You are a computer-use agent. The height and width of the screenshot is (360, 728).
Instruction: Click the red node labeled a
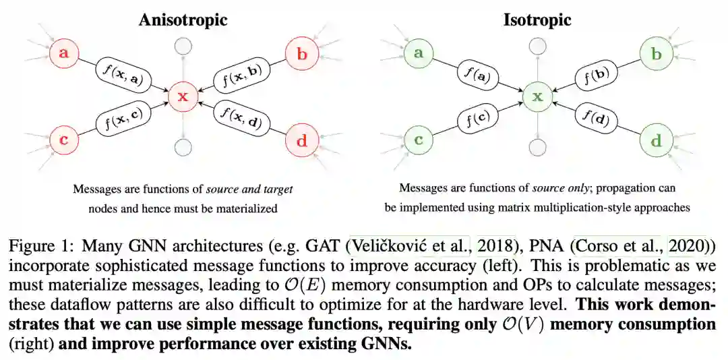pos(63,53)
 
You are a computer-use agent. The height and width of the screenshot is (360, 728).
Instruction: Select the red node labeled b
pos(301,53)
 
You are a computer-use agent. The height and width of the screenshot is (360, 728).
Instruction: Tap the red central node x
pos(182,97)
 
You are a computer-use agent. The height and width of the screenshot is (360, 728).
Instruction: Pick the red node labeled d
pos(301,141)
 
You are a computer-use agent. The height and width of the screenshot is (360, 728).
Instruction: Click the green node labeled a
pos(419,53)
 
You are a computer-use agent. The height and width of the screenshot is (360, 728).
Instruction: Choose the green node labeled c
pos(419,141)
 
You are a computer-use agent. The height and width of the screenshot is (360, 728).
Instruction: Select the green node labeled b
pos(656,53)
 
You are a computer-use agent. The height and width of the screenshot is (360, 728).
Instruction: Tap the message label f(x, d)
pos(240,119)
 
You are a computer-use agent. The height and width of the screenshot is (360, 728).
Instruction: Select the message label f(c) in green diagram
pos(479,119)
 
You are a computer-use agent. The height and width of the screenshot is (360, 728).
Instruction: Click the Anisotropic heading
pos(183,20)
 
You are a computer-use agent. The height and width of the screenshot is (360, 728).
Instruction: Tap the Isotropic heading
pos(537,20)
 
